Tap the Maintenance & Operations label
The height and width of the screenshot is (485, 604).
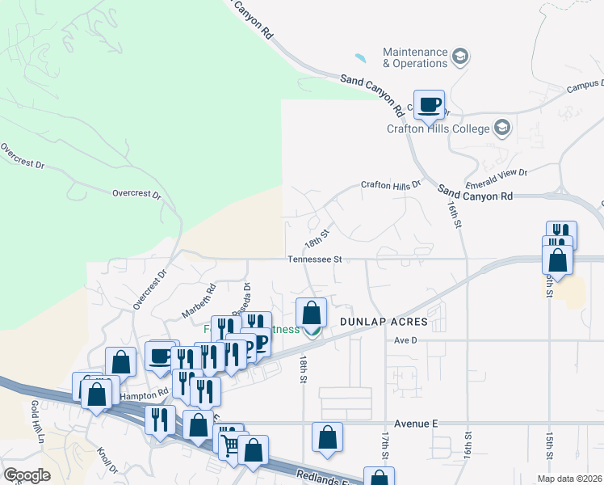(x=415, y=57)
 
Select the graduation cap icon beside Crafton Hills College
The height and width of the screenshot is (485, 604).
(x=501, y=128)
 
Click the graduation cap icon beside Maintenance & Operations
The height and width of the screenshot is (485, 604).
(x=460, y=57)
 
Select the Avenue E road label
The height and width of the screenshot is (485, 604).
(x=416, y=423)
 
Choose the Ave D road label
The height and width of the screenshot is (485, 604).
(x=405, y=340)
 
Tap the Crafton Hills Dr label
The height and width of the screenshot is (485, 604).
(x=391, y=185)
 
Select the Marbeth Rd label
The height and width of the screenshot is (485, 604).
(x=199, y=300)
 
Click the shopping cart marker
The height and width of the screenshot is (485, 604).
(x=230, y=443)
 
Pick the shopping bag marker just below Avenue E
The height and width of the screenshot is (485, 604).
(x=327, y=437)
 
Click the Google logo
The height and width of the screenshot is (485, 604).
(x=27, y=475)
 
